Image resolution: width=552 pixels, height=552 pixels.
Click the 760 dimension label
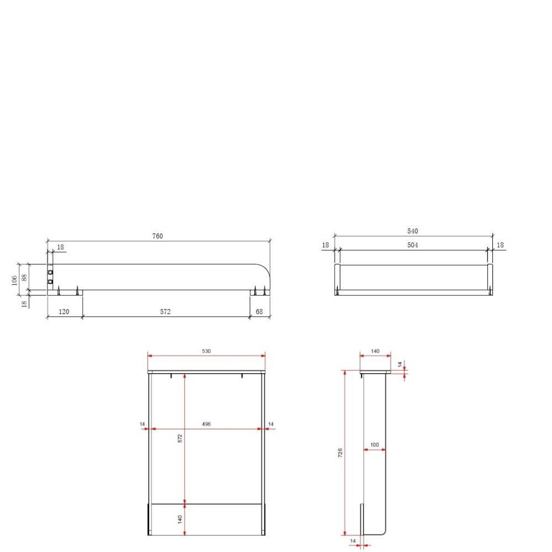click(157, 236)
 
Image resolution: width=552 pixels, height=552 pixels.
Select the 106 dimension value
click(14, 280)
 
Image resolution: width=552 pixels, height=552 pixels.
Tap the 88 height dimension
click(24, 278)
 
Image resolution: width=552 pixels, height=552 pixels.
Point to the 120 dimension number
click(63, 311)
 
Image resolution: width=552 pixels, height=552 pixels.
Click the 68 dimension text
click(259, 311)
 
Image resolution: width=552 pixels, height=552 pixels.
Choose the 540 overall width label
click(412, 231)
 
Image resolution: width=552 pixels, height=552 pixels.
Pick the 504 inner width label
click(412, 245)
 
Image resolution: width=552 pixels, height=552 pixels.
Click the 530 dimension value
click(206, 351)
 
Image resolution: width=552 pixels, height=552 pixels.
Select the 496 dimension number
click(206, 424)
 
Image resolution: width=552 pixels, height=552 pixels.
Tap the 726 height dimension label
click(340, 453)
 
